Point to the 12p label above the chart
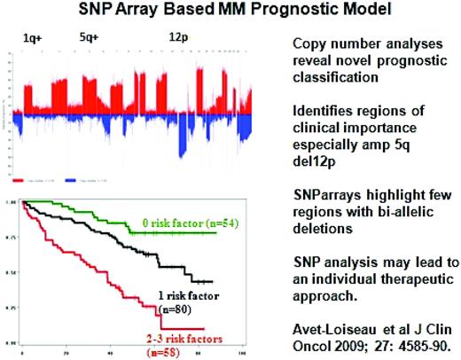tap(178, 40)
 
